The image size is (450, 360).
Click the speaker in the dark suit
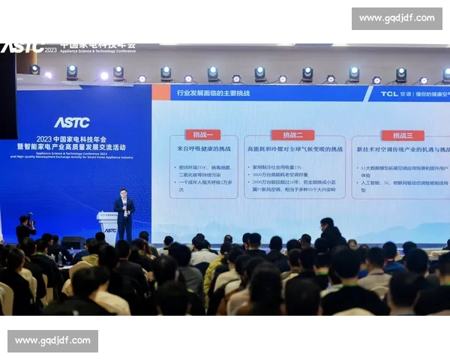(124, 214)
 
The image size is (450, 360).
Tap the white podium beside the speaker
(107, 224)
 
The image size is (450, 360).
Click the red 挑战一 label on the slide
(204, 135)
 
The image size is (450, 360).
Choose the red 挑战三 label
(402, 135)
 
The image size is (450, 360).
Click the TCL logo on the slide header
(388, 94)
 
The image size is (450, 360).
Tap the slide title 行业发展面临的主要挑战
(213, 94)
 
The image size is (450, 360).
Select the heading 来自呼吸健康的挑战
(204, 150)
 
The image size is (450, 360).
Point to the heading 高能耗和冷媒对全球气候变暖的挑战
(295, 150)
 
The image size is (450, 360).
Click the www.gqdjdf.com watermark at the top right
(396, 18)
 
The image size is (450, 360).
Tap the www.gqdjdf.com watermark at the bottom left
(54, 341)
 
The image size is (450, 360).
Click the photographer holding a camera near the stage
(25, 229)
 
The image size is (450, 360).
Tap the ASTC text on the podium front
(110, 230)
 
